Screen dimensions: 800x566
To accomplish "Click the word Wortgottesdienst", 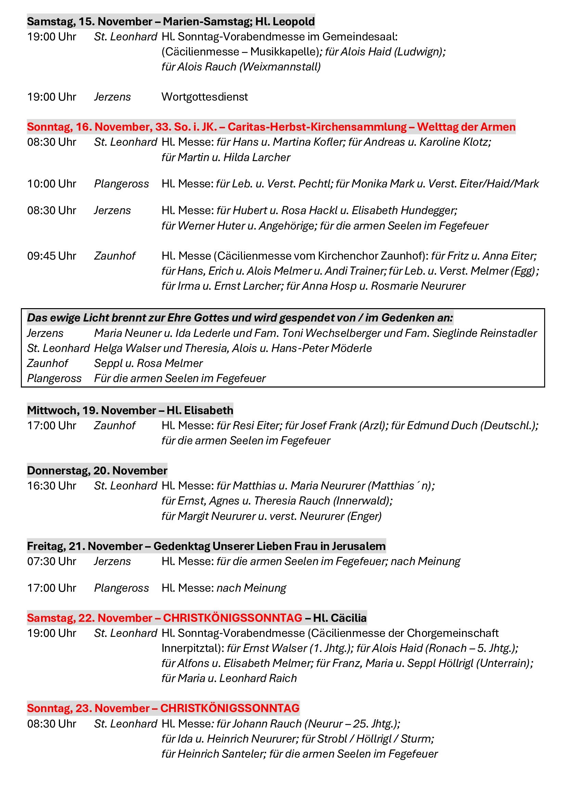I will click(205, 97).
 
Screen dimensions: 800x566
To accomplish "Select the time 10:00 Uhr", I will click(52, 184).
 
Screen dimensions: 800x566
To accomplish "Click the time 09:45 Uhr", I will click(52, 256).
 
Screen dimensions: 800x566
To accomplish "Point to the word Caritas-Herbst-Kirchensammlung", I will click(317, 127).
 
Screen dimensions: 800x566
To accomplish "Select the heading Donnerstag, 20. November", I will click(97, 471).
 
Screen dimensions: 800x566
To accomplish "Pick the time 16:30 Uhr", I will click(52, 486).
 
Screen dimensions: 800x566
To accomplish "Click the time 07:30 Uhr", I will click(52, 561).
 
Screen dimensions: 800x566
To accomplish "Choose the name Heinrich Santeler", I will click(222, 754).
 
